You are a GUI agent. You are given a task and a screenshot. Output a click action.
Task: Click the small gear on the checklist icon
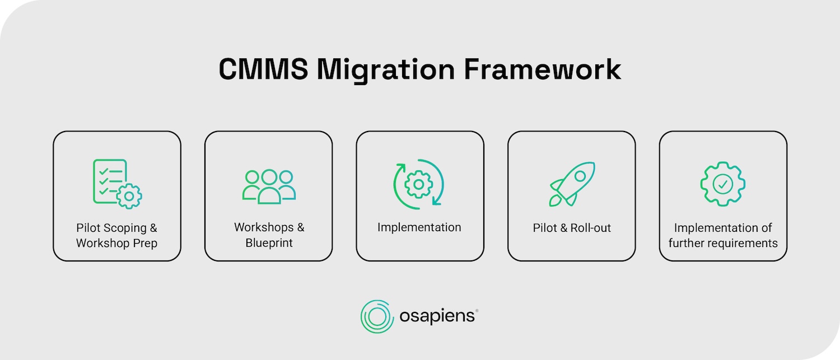129,197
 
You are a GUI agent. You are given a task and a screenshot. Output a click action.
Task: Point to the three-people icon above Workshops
269,186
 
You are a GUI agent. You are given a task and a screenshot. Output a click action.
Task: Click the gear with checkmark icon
723,184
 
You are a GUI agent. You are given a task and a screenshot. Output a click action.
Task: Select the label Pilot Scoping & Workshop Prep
117,236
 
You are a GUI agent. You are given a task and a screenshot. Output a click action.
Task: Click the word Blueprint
269,244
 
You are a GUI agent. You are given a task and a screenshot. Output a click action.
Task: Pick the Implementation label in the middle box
419,228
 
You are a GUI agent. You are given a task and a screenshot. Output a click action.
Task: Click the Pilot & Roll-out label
571,228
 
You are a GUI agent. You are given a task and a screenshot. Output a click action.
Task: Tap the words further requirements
723,244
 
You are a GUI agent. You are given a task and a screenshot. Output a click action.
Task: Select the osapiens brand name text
438,317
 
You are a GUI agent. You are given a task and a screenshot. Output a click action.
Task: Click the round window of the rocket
581,176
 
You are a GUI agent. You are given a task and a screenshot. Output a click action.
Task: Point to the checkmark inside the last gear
723,184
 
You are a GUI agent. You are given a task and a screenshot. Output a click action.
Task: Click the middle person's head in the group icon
269,177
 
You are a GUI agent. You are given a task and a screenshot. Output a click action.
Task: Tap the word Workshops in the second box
263,228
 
